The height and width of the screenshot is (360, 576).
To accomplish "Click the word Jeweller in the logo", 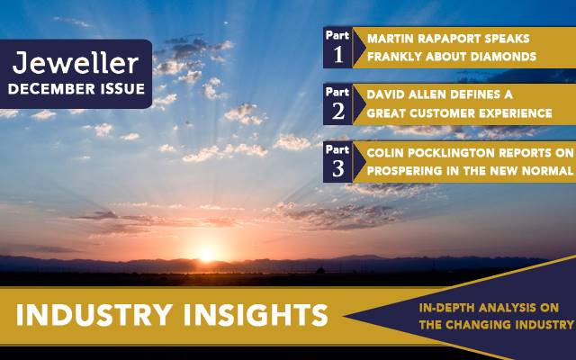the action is pos(76,63).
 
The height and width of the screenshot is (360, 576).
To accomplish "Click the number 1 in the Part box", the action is pos(338,55).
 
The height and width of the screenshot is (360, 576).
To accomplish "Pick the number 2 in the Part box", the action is pos(338,112).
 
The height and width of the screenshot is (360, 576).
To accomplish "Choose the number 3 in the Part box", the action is pos(338,168).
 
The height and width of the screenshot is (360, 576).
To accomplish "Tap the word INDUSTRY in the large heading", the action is pos(94,315).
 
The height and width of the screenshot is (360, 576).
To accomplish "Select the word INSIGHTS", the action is pos(256,315).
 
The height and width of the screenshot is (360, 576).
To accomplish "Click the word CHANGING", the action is pos(478,325).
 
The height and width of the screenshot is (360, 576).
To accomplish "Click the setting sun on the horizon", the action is pos(208,254).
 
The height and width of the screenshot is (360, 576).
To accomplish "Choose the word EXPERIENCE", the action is pos(522,113).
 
